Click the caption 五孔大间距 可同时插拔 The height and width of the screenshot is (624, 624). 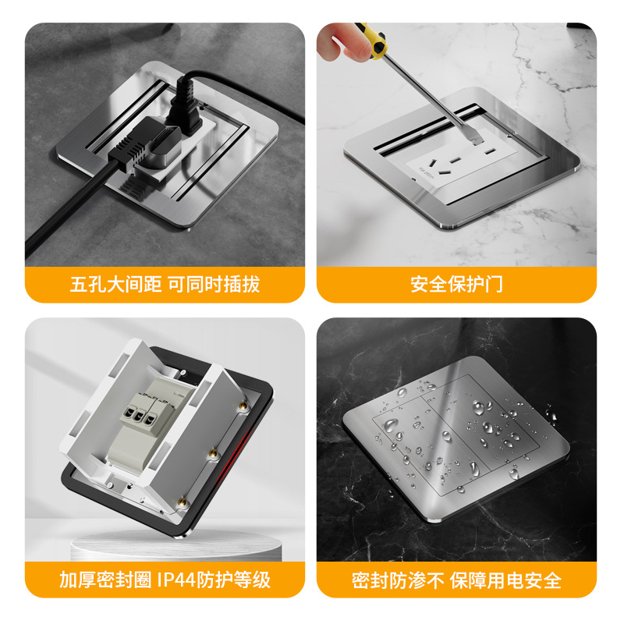tap(165, 285)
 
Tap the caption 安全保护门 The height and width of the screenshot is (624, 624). tap(456, 285)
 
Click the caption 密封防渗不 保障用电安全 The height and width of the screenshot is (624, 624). tap(456, 580)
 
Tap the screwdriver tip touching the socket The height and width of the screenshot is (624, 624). tap(477, 140)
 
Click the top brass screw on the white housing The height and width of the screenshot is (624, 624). tap(243, 406)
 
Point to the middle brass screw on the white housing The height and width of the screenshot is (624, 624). tap(213, 453)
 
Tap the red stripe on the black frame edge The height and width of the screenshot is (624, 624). tap(232, 458)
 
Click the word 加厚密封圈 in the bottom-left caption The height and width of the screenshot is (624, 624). tap(105, 580)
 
